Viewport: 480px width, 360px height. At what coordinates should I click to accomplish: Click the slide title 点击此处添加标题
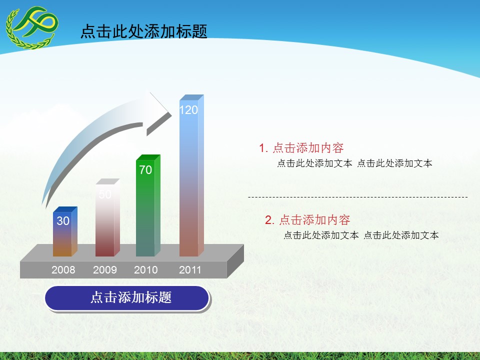pos(143,31)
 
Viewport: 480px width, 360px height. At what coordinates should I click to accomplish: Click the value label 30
pos(63,220)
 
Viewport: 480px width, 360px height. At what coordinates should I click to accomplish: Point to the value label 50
pos(105,194)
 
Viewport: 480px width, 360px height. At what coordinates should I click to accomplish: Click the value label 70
pos(145,170)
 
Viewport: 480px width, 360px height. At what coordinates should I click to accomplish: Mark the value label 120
pos(188,110)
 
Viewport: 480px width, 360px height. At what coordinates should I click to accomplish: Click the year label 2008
pos(63,270)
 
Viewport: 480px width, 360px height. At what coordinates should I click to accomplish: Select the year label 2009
pos(105,270)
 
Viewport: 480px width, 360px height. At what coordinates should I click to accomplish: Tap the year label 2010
pos(146,270)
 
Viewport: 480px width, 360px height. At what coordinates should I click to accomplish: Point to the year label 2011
pos(190,270)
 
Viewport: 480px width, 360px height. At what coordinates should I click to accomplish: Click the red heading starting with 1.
pos(301,148)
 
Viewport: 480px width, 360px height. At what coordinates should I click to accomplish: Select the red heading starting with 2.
pos(307,219)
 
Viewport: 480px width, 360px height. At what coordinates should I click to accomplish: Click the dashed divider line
pos(357,197)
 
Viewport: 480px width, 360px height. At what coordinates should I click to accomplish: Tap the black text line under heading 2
pos(361,235)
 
